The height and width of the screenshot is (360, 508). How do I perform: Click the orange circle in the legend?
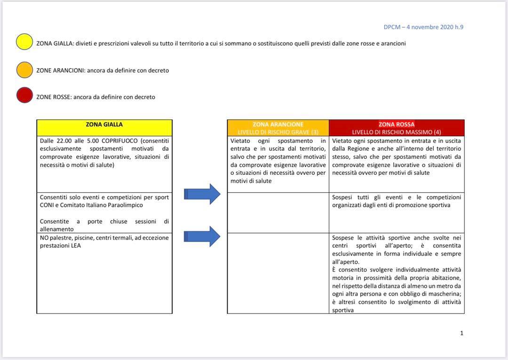pyautogui.click(x=24, y=70)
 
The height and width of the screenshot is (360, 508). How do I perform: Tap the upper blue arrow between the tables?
pyautogui.click(x=202, y=194)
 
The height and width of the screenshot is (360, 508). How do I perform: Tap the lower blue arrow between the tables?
pyautogui.click(x=202, y=236)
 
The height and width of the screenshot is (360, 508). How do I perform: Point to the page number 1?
pyautogui.click(x=461, y=333)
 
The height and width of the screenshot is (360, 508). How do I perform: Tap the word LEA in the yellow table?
pyautogui.click(x=76, y=245)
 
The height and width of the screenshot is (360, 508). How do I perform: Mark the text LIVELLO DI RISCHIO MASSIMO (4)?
pyautogui.click(x=397, y=132)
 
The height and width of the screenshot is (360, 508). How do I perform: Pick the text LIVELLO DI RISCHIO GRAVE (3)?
pyautogui.click(x=278, y=132)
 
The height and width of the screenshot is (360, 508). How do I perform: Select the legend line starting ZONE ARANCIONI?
pyautogui.click(x=103, y=70)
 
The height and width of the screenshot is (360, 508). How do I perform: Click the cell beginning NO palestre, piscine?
pyautogui.click(x=104, y=273)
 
